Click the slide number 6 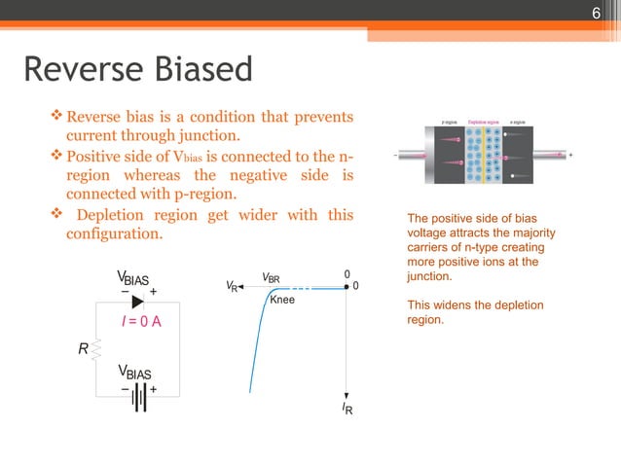pyautogui.click(x=598, y=13)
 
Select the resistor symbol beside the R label pyautogui.click(x=96, y=347)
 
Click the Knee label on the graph pyautogui.click(x=281, y=301)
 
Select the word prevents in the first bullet pyautogui.click(x=323, y=118)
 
